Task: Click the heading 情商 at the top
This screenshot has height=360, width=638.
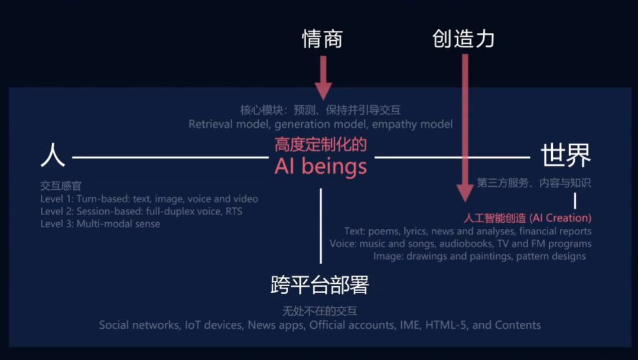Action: (x=322, y=39)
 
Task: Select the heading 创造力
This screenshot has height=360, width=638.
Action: (x=463, y=39)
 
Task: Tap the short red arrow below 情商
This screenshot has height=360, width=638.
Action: (x=323, y=77)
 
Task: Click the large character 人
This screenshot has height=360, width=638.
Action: (x=53, y=157)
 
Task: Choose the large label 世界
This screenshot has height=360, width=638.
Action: (x=565, y=157)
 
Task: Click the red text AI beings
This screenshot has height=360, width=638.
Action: (x=321, y=167)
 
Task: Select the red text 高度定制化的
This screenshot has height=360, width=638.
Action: (x=321, y=145)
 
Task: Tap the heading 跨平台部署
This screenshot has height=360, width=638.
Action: (x=320, y=286)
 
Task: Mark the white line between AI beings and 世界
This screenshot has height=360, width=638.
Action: (x=452, y=157)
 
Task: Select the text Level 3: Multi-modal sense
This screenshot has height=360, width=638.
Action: (x=100, y=224)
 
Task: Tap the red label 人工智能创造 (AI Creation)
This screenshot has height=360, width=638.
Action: (x=528, y=218)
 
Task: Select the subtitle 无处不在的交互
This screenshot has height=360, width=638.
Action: (x=320, y=311)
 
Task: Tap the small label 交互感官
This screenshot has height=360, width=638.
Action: (x=61, y=186)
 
